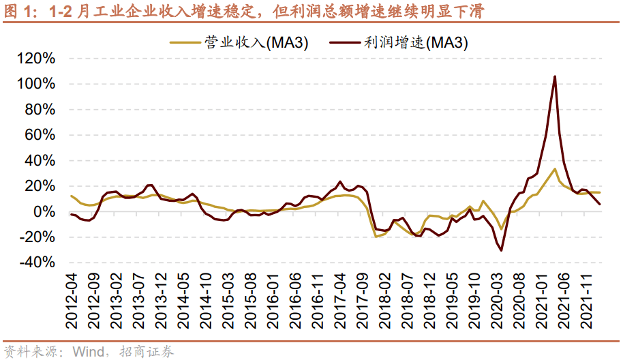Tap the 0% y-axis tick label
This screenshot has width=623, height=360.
click(45, 212)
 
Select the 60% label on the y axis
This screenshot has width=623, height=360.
click(40, 135)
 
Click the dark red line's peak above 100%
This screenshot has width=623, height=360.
click(555, 76)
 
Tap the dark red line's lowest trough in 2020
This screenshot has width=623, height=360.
click(502, 250)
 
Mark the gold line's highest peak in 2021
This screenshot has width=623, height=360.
click(555, 169)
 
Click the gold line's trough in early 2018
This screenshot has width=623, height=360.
click(376, 237)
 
